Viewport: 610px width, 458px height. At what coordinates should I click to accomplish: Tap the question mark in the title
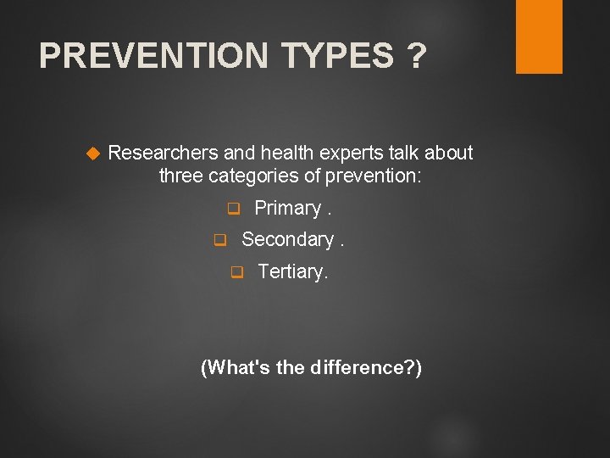(x=416, y=57)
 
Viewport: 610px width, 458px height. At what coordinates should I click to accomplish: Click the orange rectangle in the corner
(x=539, y=36)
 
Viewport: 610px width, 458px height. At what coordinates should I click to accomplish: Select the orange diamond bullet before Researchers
(x=94, y=154)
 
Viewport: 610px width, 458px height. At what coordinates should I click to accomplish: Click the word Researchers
(x=164, y=153)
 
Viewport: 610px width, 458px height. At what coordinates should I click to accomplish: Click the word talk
(x=404, y=153)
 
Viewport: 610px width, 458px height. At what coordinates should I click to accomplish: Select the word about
(x=449, y=153)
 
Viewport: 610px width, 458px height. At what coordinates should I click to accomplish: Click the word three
(x=180, y=176)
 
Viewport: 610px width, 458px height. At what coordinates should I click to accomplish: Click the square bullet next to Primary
(x=234, y=209)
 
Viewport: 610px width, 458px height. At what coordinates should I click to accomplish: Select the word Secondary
(x=287, y=240)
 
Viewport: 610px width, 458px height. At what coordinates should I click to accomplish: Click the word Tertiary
(x=292, y=271)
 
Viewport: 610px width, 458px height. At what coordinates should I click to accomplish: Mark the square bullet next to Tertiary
(x=237, y=272)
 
